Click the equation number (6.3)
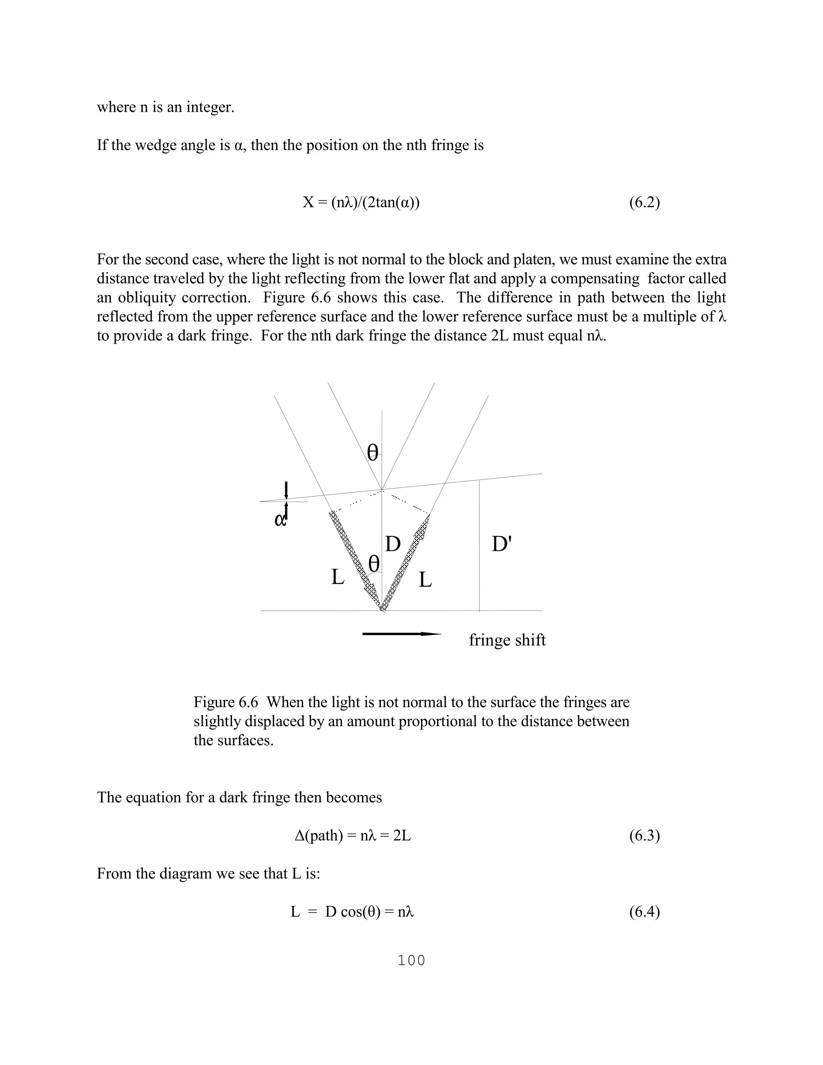coord(644,836)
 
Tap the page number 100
coord(411,961)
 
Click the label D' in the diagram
coord(501,544)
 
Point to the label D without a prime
coord(393,544)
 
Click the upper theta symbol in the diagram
coord(373,453)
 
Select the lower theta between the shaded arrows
coord(374,564)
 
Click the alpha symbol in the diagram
coord(280,520)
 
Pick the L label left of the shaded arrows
coord(338,578)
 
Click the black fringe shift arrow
coord(402,634)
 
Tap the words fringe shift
coord(507,640)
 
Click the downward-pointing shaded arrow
coord(352,556)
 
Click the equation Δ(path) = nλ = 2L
coord(353,836)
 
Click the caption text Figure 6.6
coord(225,702)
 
